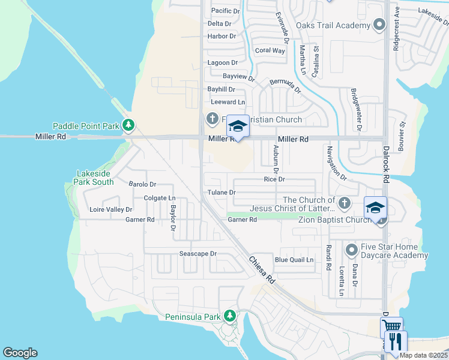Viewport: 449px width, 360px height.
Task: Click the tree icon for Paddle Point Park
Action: click(128, 125)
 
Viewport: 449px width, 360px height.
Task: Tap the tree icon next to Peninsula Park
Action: click(229, 316)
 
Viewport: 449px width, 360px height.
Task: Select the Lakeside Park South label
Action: click(95, 178)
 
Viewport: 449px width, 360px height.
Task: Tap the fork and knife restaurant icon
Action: click(396, 341)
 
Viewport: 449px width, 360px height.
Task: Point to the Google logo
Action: click(20, 353)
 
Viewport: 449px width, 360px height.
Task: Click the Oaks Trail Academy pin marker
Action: click(379, 25)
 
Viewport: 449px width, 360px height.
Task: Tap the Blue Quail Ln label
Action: click(294, 260)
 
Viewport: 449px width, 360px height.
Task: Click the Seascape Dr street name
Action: click(197, 254)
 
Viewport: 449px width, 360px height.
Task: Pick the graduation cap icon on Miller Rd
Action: click(238, 127)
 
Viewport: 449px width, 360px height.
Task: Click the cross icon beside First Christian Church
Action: click(212, 119)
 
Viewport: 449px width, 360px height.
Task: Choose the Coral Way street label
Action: click(270, 50)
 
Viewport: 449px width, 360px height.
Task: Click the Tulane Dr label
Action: click(221, 193)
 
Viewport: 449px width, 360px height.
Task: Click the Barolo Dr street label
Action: click(142, 184)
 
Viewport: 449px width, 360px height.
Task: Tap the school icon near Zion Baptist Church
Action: click(375, 208)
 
